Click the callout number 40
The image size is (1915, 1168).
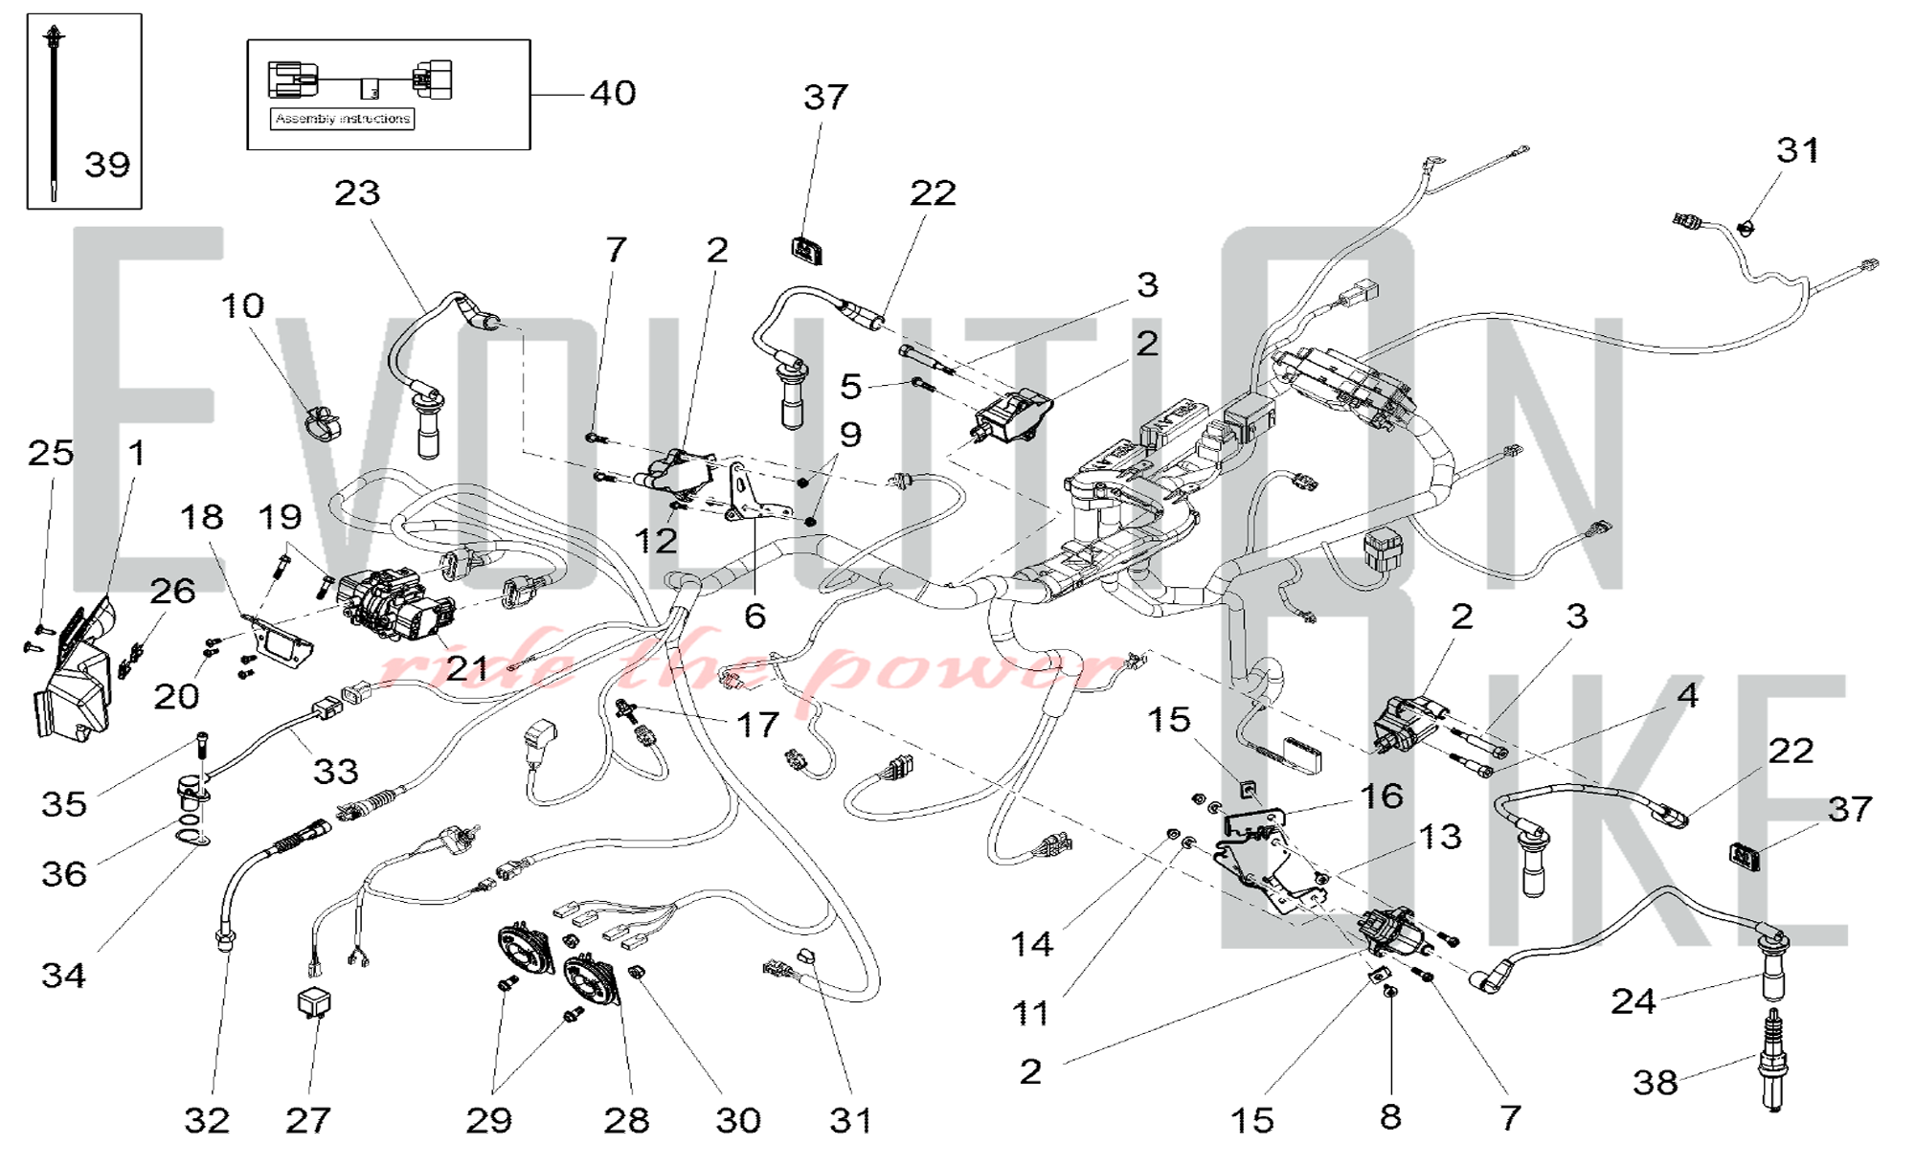click(613, 94)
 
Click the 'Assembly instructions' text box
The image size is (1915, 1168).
click(343, 119)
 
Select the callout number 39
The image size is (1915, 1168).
click(106, 165)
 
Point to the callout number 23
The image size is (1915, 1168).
click(357, 193)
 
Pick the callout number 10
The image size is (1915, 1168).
click(242, 306)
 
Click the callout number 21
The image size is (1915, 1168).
click(466, 668)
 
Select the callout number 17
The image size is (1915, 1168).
click(757, 725)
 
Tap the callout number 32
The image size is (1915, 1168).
click(207, 1120)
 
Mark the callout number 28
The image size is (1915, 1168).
click(626, 1120)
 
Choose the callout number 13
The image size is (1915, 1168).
click(1440, 838)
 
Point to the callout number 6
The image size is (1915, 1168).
click(755, 617)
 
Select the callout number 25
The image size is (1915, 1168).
click(50, 453)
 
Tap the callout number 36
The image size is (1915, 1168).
click(63, 873)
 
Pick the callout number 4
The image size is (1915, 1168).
click(1687, 695)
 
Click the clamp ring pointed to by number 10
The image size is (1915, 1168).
click(322, 422)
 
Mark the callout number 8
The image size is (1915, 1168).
click(1390, 1116)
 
